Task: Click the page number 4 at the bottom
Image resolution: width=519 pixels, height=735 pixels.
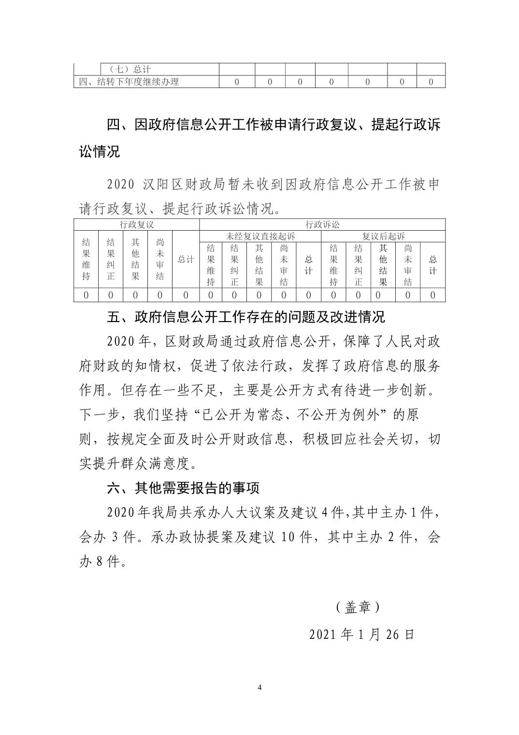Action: tap(259, 687)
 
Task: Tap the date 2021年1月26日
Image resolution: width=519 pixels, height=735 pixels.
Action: tap(362, 634)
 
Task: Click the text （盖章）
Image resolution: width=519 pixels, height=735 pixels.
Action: tap(357, 607)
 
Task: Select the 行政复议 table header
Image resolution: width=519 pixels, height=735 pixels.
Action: tap(137, 224)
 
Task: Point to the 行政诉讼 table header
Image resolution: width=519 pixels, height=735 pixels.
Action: tap(322, 224)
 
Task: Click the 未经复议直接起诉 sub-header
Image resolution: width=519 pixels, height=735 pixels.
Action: tap(260, 236)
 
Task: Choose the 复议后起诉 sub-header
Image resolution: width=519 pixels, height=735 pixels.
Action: tap(384, 236)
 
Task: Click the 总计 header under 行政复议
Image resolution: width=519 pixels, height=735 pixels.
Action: tap(186, 259)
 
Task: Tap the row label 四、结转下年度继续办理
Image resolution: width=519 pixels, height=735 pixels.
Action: tap(129, 82)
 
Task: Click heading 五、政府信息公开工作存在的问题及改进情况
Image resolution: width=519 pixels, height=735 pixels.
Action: tap(246, 317)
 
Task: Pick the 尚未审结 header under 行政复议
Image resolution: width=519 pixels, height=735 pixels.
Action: tap(160, 259)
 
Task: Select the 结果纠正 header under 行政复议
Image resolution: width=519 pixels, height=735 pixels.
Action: tap(111, 259)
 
